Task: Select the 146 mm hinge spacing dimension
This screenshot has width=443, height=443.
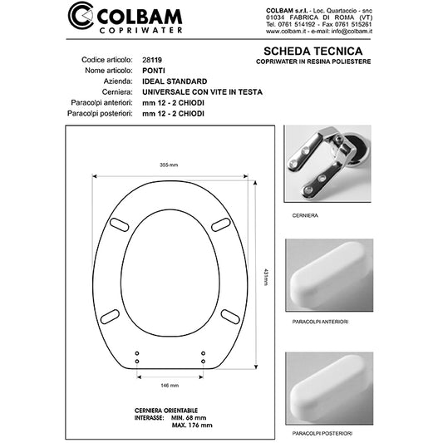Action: pyautogui.click(x=170, y=386)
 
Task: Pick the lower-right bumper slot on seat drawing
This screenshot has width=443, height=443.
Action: pyautogui.click(x=231, y=314)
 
